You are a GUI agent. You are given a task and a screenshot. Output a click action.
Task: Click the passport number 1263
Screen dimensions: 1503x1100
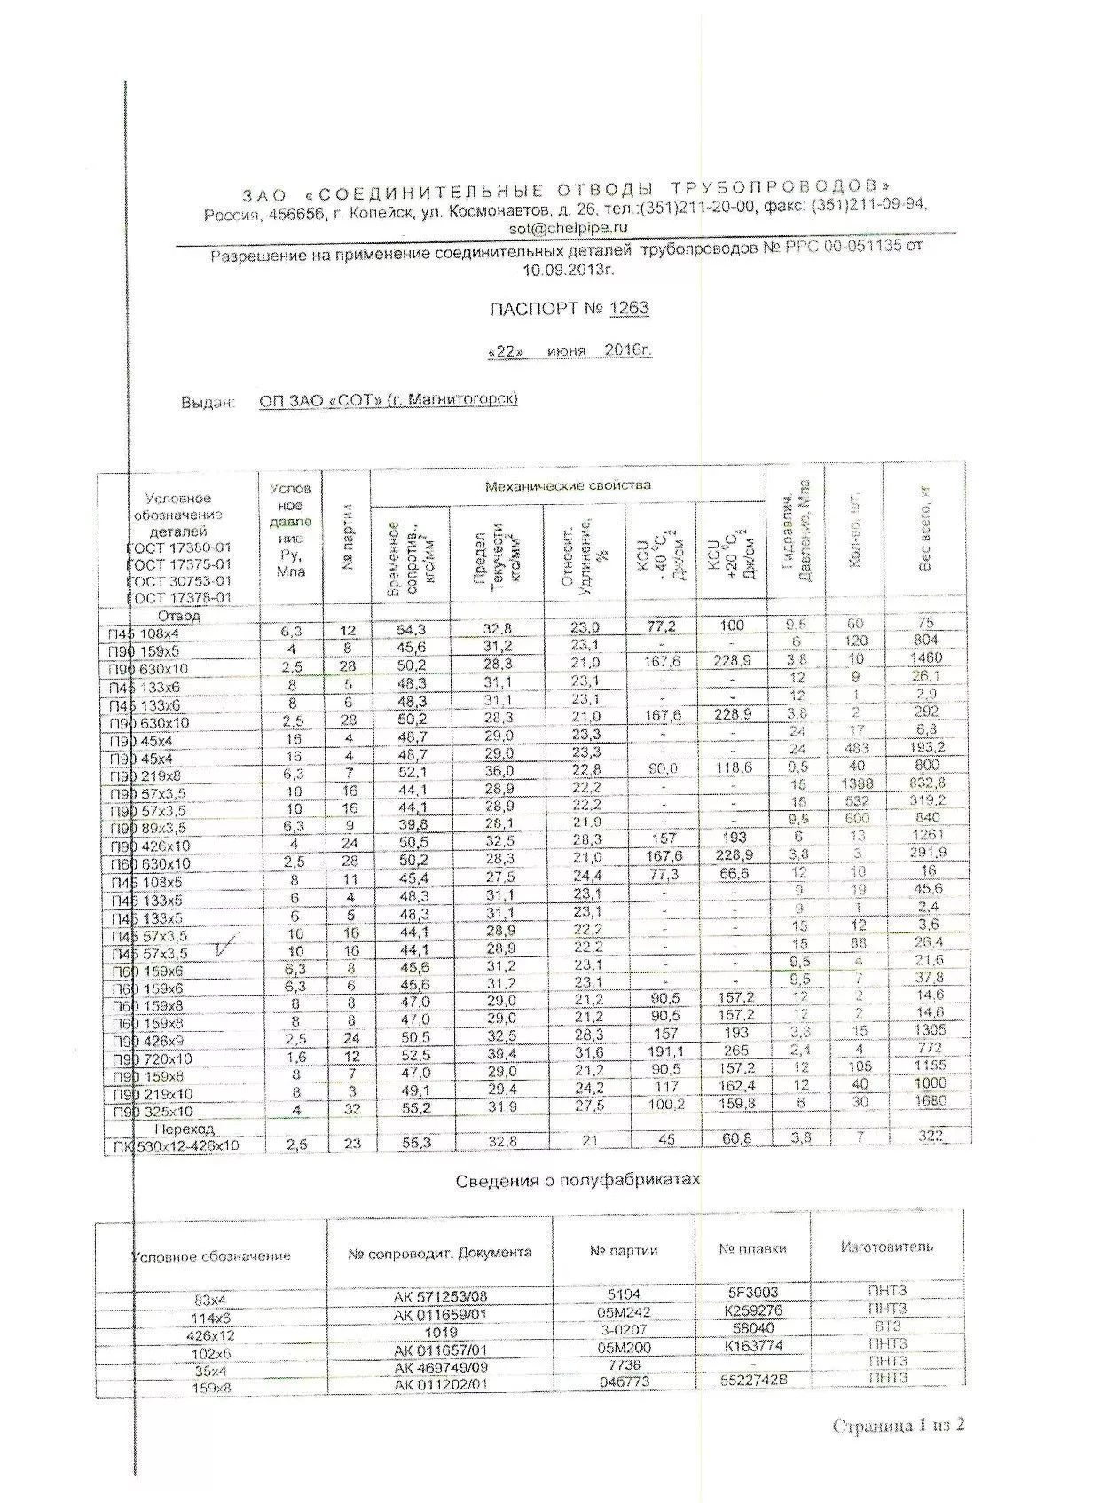point(629,308)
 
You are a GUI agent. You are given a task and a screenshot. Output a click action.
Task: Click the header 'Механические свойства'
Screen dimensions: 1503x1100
point(568,485)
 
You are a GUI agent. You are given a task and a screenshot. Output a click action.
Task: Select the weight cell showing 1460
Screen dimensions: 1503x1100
point(926,658)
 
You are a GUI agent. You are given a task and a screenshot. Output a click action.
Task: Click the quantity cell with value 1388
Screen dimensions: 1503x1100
point(854,783)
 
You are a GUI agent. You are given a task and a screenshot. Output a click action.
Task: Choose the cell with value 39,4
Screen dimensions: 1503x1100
point(499,1052)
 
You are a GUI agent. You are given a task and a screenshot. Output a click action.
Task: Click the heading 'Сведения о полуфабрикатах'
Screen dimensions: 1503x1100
point(577,1180)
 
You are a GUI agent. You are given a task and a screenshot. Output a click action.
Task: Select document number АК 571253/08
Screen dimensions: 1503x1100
point(440,1295)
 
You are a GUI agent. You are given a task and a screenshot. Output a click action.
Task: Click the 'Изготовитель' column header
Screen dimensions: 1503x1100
point(886,1246)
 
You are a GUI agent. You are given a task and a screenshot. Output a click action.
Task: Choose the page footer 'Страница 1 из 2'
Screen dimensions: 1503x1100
point(898,1425)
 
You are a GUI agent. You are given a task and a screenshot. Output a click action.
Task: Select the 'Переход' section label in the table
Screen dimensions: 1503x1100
point(185,1129)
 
